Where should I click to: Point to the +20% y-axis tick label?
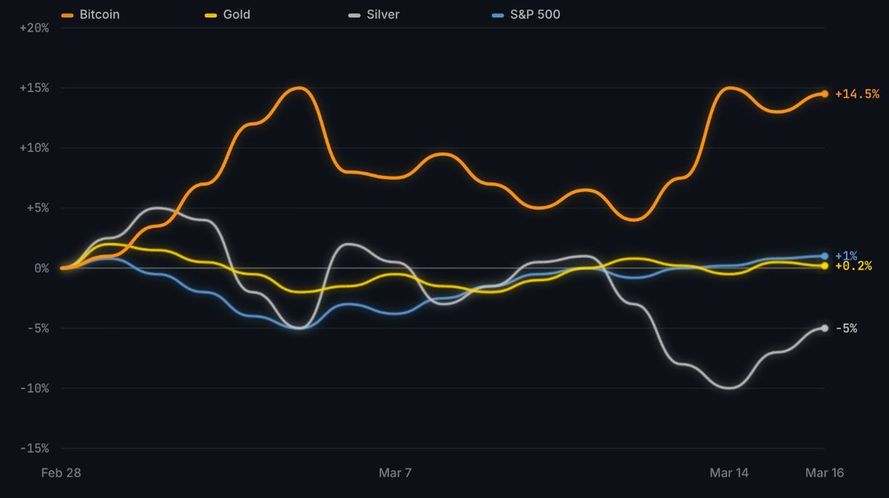pyautogui.click(x=34, y=28)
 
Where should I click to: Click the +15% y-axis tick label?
pyautogui.click(x=34, y=88)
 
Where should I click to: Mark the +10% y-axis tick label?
pyautogui.click(x=34, y=148)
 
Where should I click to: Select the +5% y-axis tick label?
pyautogui.click(x=37, y=208)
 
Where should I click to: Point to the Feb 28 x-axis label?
pyautogui.click(x=61, y=473)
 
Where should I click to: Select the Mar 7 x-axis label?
pyautogui.click(x=395, y=473)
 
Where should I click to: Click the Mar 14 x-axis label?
pyautogui.click(x=729, y=473)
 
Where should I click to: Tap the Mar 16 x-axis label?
pyautogui.click(x=824, y=473)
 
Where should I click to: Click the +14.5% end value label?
pyautogui.click(x=857, y=94)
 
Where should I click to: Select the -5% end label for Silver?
pyautogui.click(x=846, y=328)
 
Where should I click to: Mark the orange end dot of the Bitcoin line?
pyautogui.click(x=825, y=94)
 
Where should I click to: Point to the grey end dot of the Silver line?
pyautogui.click(x=825, y=328)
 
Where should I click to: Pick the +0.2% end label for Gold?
pyautogui.click(x=853, y=266)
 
